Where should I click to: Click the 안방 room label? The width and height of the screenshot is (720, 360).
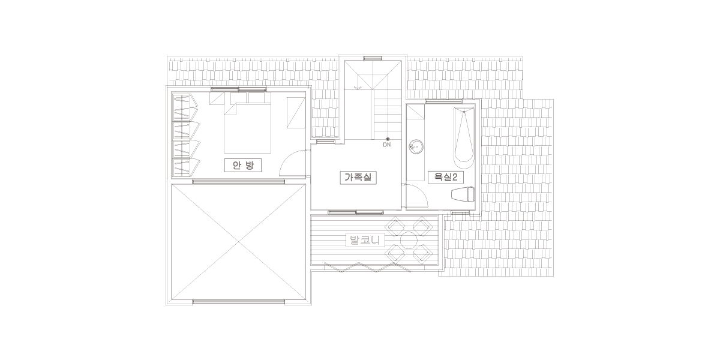point(242,166)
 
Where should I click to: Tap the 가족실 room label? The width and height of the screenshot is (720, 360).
point(358,178)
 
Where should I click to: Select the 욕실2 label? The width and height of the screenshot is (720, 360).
point(445,177)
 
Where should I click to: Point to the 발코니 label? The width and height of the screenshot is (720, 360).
point(365,240)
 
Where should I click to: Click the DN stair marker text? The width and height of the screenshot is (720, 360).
point(387,145)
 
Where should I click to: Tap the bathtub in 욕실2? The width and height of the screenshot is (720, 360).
point(464,138)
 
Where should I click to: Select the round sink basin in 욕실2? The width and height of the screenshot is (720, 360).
point(416,147)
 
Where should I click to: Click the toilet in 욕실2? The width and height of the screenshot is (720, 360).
point(463,194)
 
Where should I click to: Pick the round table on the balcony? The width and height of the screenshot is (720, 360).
point(409,240)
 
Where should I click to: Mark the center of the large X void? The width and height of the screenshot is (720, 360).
point(238,242)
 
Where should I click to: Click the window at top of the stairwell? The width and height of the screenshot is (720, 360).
point(373,59)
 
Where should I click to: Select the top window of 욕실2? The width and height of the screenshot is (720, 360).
point(443,101)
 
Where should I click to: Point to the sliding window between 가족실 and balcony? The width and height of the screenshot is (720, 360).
point(356,212)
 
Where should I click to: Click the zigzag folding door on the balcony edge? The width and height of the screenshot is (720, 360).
point(367,267)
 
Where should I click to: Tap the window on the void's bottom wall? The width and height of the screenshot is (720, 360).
point(238,301)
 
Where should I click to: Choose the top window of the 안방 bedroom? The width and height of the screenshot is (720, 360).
point(239,89)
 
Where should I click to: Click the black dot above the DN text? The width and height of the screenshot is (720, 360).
point(388,139)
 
